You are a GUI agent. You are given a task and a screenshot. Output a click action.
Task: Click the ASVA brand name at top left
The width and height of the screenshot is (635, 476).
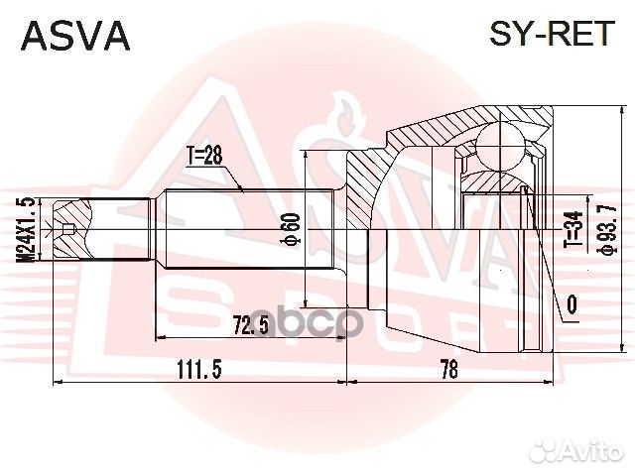click(75, 36)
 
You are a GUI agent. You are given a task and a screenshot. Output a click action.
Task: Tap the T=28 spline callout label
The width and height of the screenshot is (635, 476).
click(204, 156)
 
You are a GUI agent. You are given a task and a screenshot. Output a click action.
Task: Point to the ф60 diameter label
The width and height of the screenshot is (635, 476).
click(293, 229)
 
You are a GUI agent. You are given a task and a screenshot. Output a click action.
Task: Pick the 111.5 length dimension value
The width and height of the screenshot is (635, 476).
click(199, 369)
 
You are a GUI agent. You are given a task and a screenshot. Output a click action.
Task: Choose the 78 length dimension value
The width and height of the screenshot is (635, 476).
click(449, 369)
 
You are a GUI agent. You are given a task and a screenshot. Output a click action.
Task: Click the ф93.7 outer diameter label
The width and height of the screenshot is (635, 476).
click(609, 229)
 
